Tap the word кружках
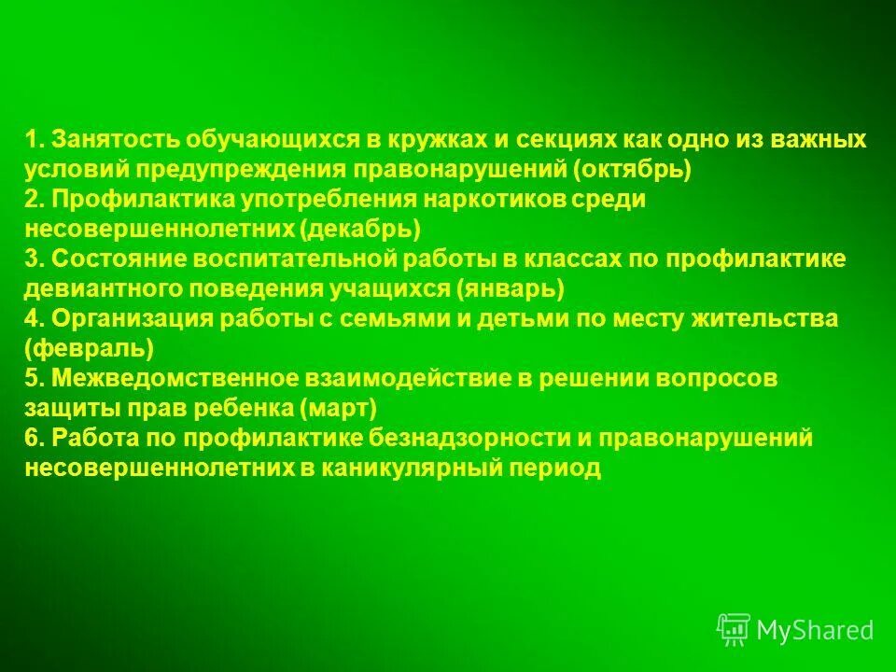click(436, 140)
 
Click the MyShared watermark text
click(814, 630)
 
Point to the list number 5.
click(34, 379)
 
